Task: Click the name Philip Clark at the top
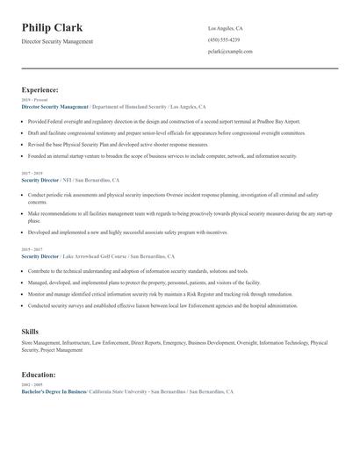52,27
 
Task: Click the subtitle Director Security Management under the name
57,41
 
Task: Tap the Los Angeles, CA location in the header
227,28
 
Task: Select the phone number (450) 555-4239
224,39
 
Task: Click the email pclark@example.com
230,52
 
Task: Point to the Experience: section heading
40,89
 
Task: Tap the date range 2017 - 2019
32,174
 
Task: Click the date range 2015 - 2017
32,250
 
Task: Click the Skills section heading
30,332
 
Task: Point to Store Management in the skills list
40,343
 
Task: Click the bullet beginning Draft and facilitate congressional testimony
167,132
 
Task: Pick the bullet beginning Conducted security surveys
162,305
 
